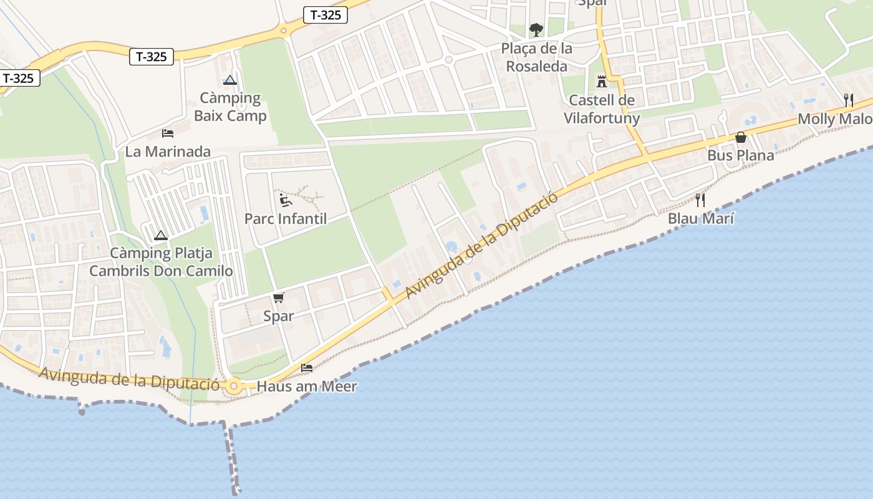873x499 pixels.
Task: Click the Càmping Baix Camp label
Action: [230, 107]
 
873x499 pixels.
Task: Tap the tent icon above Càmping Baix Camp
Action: [231, 80]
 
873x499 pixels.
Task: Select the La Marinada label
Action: [168, 152]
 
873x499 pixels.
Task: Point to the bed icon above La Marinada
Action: [167, 133]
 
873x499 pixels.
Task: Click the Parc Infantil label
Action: [286, 219]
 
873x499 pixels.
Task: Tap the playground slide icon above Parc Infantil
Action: [284, 200]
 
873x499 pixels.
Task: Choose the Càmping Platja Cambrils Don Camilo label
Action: [161, 262]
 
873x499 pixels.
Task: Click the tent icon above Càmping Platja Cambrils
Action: [161, 235]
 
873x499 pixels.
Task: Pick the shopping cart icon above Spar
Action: [279, 298]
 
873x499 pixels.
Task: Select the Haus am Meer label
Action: [307, 386]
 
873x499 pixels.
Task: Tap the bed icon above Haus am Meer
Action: [307, 368]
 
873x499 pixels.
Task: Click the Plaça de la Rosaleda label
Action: [536, 57]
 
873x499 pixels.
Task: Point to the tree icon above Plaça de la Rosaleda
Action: [536, 29]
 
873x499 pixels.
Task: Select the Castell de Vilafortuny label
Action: [602, 109]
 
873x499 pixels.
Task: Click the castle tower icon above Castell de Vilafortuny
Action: [602, 82]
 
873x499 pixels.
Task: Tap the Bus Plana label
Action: [740, 155]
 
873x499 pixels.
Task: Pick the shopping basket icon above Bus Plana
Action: [741, 137]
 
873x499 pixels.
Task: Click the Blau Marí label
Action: [701, 218]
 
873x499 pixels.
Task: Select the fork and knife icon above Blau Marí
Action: [700, 200]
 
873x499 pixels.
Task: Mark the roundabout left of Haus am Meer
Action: [234, 386]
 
